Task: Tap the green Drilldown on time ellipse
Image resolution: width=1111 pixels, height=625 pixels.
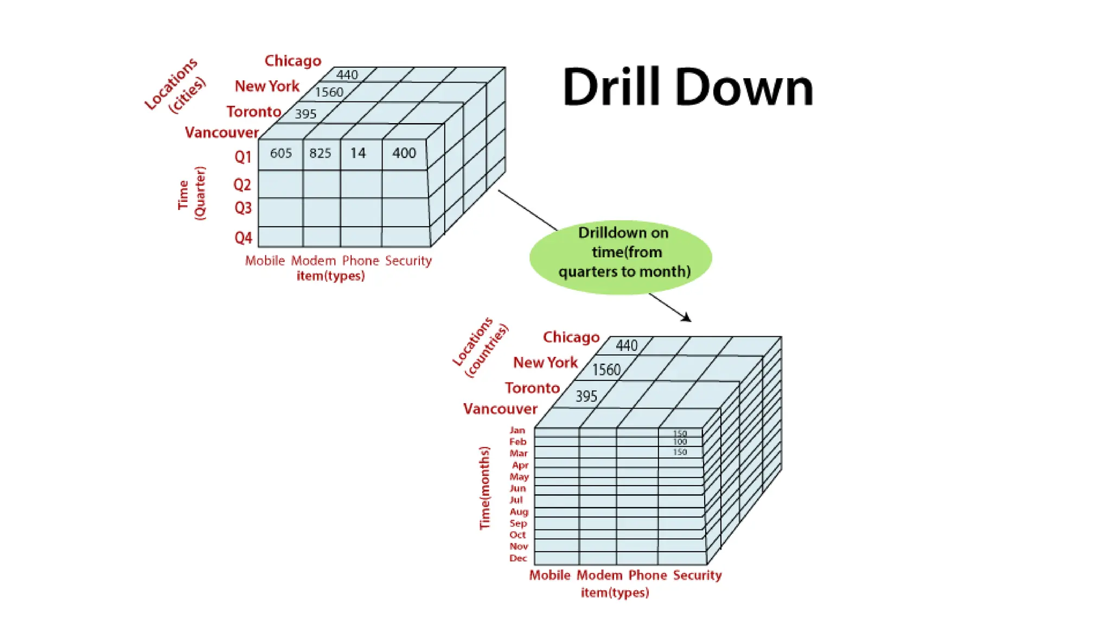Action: point(621,257)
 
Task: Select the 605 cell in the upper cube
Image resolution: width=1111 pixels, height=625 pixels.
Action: point(281,154)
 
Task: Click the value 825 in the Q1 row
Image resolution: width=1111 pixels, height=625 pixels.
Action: point(320,154)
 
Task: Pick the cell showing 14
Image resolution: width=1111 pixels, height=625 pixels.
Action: point(358,154)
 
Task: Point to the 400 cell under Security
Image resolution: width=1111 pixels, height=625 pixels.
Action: point(404,154)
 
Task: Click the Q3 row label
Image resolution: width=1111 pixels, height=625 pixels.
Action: point(243,208)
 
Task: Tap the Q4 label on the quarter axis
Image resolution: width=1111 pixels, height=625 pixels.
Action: point(243,238)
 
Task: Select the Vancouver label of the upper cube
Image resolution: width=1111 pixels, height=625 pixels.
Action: point(221,133)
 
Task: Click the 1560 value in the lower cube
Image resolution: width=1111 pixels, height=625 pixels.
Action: point(606,370)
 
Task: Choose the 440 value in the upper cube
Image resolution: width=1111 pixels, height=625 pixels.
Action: point(347,75)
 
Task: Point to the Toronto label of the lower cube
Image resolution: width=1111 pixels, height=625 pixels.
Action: point(532,388)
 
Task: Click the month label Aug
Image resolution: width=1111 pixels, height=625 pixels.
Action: point(519,512)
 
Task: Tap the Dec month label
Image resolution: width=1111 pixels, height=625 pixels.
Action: point(518,558)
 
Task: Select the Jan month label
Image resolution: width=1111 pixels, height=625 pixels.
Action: point(517,430)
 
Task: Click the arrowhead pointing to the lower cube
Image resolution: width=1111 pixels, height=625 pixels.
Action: point(687,318)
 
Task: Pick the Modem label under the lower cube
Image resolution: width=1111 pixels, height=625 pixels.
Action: point(599,575)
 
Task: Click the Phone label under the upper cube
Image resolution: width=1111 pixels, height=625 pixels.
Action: point(360,261)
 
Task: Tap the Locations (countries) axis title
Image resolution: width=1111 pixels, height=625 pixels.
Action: point(481,348)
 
